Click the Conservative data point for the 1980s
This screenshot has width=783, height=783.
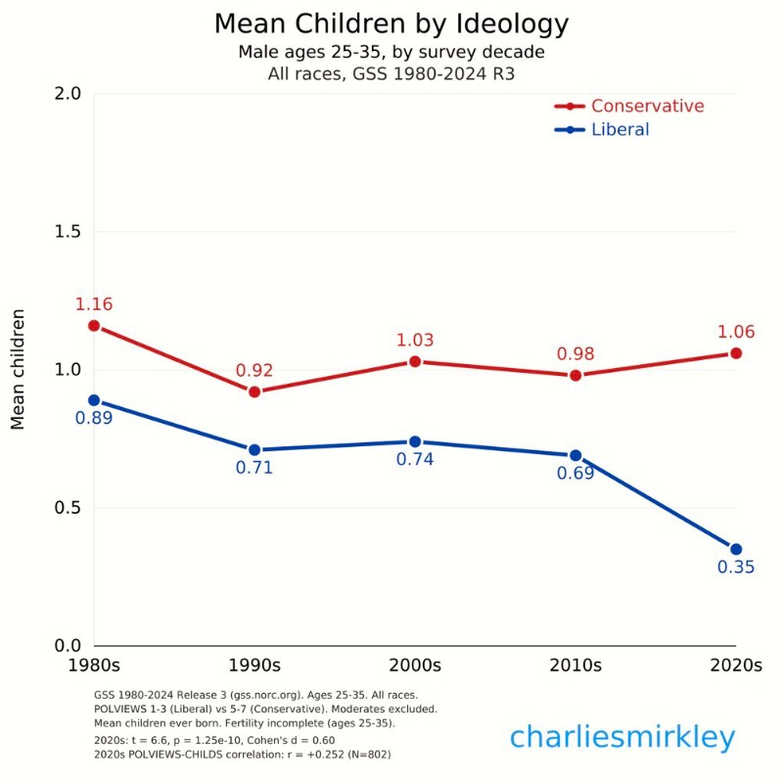coord(94,325)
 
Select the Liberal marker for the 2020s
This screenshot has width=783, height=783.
coord(736,549)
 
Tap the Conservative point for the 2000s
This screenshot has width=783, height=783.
coord(415,361)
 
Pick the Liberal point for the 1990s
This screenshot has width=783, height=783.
coord(254,450)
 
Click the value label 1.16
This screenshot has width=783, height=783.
coord(94,304)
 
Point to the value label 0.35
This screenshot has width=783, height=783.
coord(736,568)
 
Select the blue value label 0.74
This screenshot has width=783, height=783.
coord(415,459)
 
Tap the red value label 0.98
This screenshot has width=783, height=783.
coord(576,353)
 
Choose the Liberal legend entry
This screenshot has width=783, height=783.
coord(620,129)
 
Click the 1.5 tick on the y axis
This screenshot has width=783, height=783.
coord(66,232)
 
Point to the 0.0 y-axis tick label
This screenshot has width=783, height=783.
coord(66,646)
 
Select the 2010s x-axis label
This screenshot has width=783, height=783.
coord(576,666)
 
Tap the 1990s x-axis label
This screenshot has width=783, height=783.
coord(254,666)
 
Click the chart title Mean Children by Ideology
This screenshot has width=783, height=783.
coord(391,23)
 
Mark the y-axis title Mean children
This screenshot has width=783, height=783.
coord(18,370)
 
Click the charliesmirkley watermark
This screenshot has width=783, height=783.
coord(622,737)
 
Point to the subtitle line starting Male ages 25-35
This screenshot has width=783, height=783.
coord(391,51)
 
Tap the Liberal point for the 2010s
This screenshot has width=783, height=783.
coord(576,455)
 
